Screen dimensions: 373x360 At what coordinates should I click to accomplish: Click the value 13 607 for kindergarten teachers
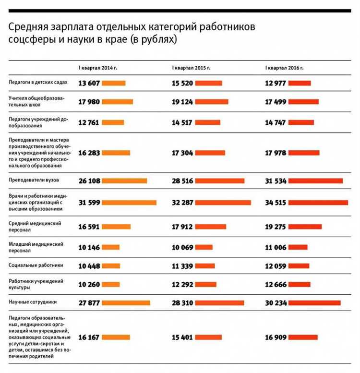pyautogui.click(x=89, y=83)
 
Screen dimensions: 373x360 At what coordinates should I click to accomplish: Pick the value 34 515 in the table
pyautogui.click(x=276, y=203)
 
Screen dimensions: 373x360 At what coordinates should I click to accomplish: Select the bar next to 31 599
pyautogui.click(x=129, y=203)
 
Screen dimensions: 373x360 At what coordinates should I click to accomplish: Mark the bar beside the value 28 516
pyautogui.click(x=220, y=180)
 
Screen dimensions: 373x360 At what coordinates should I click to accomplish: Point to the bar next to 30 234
pyautogui.click(x=315, y=302)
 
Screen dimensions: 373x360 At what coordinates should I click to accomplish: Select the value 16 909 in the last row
pyautogui.click(x=276, y=337)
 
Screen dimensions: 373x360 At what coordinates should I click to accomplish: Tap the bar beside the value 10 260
pyautogui.click(x=112, y=284)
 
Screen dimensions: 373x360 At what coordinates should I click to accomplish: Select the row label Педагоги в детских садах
pyautogui.click(x=37, y=83)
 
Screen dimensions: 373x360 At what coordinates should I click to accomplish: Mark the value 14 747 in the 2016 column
pyautogui.click(x=276, y=122)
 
